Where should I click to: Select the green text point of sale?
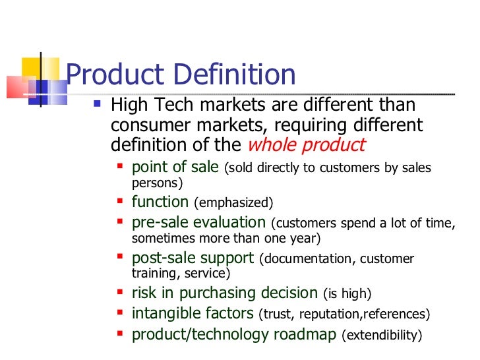coord(175,167)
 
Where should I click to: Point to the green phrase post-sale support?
coord(193,258)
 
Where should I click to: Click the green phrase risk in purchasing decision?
coord(225,293)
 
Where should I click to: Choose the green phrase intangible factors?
coord(193,313)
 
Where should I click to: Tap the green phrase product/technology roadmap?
coord(235,334)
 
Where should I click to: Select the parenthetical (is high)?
coord(347,293)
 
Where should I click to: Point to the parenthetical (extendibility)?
coord(382,336)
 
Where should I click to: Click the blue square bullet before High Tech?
coord(97,104)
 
